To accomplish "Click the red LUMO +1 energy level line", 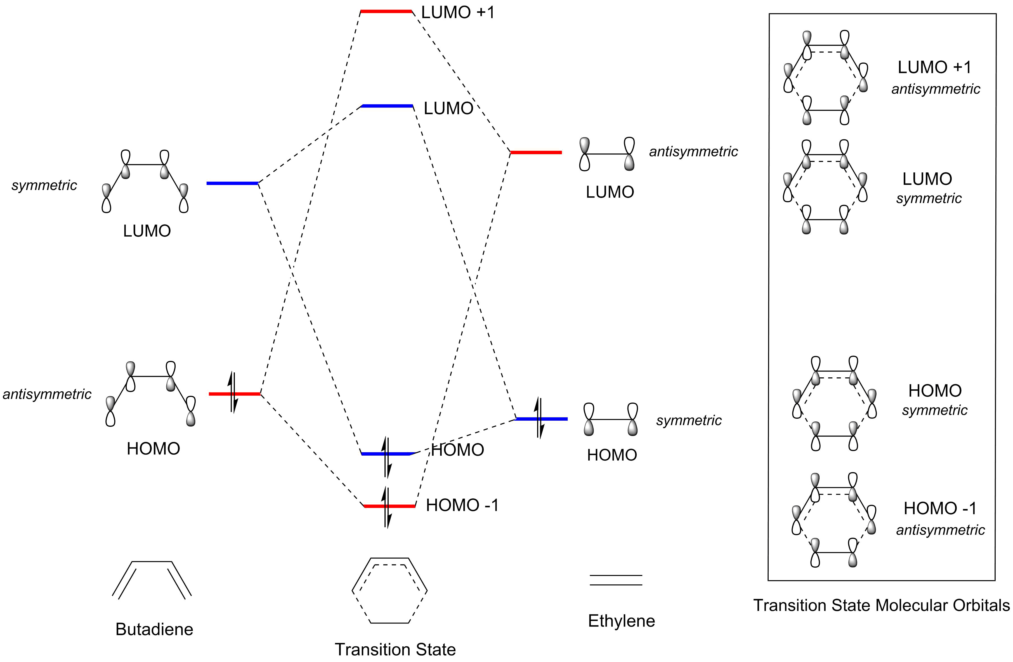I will (386, 11).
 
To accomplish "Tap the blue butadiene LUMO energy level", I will (232, 183).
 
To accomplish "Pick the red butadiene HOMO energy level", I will (235, 394).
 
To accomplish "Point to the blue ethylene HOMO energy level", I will (541, 419).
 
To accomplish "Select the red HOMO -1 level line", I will (389, 506).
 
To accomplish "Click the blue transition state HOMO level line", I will (387, 454).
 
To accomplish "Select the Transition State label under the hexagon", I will (395, 649).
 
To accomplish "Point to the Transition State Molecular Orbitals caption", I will (881, 605).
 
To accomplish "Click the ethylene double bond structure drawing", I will (615, 580).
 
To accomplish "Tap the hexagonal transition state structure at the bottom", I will (389, 590).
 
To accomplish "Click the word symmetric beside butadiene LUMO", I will (44, 185).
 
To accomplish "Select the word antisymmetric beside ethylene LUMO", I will (693, 151).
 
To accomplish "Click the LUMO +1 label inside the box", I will (935, 67).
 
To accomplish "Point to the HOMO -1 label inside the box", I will (940, 508).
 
